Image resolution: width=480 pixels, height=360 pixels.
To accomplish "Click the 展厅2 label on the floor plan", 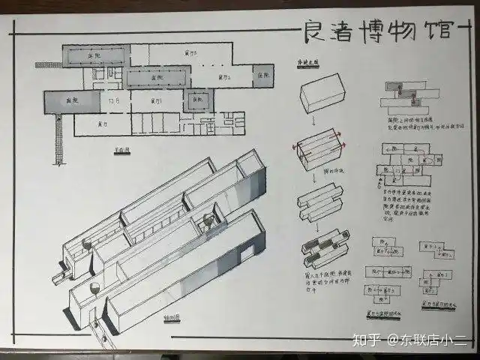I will click(x=221, y=76).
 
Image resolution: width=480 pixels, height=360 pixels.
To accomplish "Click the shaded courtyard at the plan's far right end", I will click(x=263, y=76).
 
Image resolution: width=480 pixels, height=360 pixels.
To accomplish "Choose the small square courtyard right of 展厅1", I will click(x=197, y=100).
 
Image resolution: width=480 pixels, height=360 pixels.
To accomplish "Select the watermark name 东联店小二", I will click(x=433, y=339).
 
